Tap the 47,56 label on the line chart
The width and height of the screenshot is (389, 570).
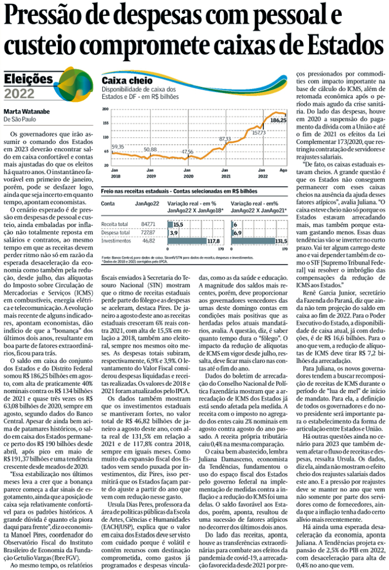(x=188, y=152)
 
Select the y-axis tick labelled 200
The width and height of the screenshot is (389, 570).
(x=105, y=109)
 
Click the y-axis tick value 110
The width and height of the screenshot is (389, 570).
(x=105, y=138)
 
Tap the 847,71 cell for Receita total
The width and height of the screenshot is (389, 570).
(x=148, y=224)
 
